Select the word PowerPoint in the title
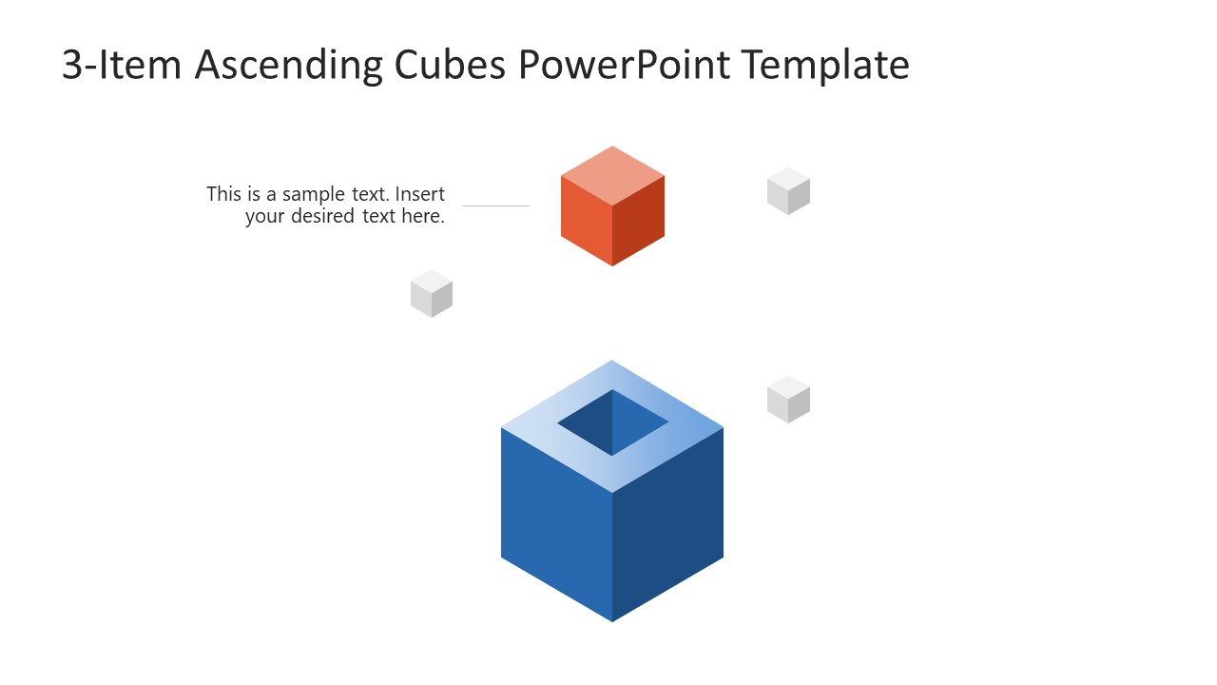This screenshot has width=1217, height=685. click(x=626, y=65)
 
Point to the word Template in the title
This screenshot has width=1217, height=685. click(x=825, y=65)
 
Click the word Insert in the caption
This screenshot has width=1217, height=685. click(x=420, y=194)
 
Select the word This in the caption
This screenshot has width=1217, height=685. click(x=224, y=194)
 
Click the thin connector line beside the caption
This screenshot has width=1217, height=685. click(x=495, y=205)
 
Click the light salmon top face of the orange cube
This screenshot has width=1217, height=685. click(x=612, y=175)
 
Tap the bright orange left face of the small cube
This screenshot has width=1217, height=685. click(x=586, y=223)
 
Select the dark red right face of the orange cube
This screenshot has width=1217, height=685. click(x=639, y=223)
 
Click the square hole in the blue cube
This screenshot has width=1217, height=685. click(x=612, y=421)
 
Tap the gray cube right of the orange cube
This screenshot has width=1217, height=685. click(x=788, y=190)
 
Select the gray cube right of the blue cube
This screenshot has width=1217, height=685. click(x=788, y=399)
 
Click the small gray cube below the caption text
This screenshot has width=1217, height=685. click(x=432, y=293)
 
